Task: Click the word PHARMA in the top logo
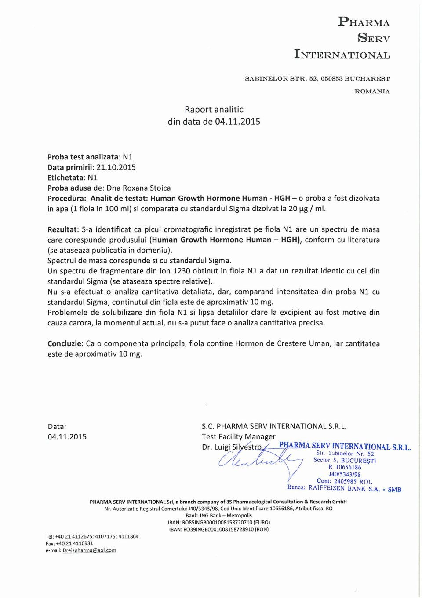(364, 22)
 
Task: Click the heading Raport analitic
(214, 110)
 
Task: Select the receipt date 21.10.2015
(116, 167)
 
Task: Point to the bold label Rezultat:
(63, 229)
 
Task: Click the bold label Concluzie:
(65, 343)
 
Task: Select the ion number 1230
(182, 271)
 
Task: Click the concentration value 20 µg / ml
(307, 209)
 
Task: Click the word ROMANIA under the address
(372, 92)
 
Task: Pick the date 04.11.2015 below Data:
(67, 437)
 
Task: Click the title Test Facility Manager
(239, 436)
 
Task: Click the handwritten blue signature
(259, 461)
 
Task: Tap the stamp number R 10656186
(345, 467)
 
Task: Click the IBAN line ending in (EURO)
(219, 523)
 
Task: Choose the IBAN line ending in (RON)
(219, 529)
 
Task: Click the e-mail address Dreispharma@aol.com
(89, 550)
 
